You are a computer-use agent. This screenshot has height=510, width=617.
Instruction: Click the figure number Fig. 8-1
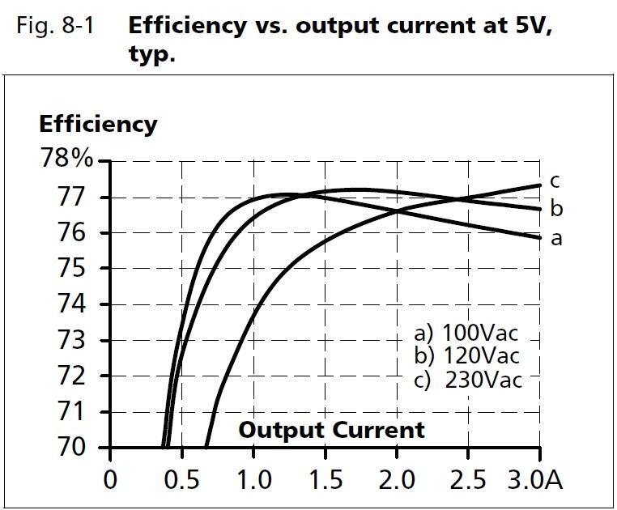point(55,25)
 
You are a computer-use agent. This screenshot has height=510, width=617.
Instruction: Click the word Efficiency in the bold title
point(187,25)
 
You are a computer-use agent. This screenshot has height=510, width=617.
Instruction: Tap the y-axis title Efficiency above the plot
point(98,124)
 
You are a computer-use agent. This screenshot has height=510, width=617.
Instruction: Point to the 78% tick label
point(66,159)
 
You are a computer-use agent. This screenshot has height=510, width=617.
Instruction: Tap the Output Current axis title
point(331,429)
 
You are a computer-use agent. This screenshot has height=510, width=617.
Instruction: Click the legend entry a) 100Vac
point(466,333)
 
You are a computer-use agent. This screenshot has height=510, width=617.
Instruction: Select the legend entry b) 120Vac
point(466,355)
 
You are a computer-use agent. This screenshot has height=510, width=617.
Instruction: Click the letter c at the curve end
point(555,181)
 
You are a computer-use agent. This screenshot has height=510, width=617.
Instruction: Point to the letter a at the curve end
point(555,239)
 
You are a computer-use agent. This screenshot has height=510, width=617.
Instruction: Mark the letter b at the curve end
point(556,208)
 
